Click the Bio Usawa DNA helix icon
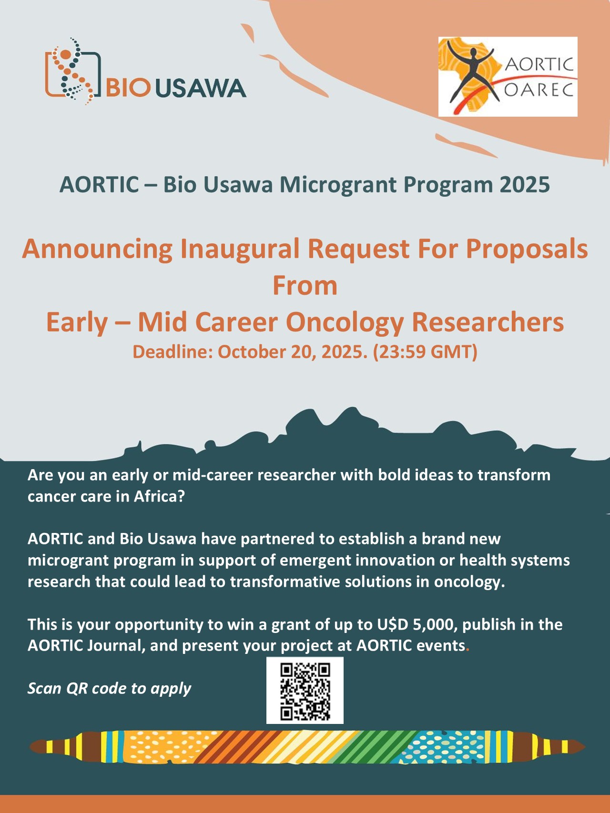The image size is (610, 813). (72, 71)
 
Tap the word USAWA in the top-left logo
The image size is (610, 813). (201, 88)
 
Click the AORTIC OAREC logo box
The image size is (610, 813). (508, 77)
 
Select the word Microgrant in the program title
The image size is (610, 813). (338, 185)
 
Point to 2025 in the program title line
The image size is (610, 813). (525, 185)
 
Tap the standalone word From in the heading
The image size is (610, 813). (305, 286)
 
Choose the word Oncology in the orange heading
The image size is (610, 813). (345, 322)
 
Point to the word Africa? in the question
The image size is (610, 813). (159, 496)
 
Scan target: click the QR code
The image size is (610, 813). (305, 691)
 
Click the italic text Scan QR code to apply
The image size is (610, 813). (109, 689)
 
